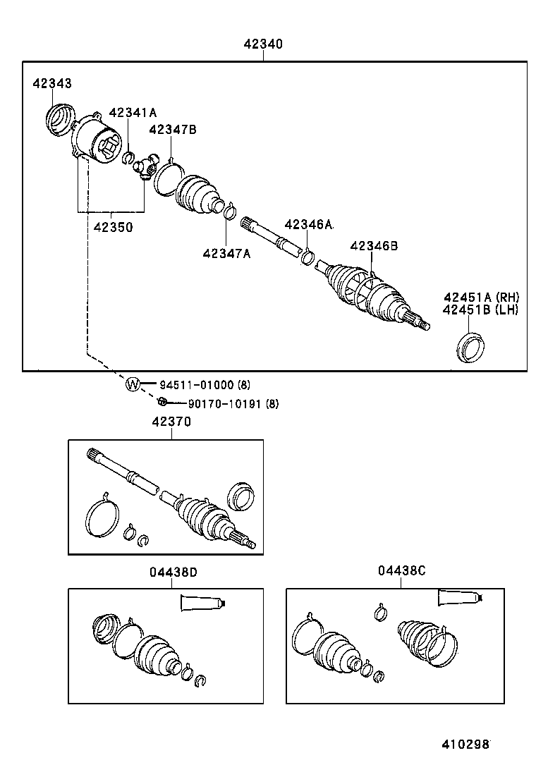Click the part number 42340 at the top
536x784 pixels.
pyautogui.click(x=263, y=44)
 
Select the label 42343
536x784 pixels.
pyautogui.click(x=51, y=84)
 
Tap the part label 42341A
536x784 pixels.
pyautogui.click(x=133, y=113)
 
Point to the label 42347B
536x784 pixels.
pyautogui.click(x=172, y=129)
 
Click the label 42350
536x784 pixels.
pyautogui.click(x=113, y=228)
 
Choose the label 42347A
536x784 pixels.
pyautogui.click(x=226, y=253)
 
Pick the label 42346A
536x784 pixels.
pyautogui.click(x=308, y=224)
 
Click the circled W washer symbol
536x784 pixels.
pyautogui.click(x=133, y=384)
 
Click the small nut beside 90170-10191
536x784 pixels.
pyautogui.click(x=162, y=403)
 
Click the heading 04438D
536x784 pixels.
pyautogui.click(x=173, y=572)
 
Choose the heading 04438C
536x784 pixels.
pyautogui.click(x=401, y=572)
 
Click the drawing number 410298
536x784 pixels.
pyautogui.click(x=465, y=744)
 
